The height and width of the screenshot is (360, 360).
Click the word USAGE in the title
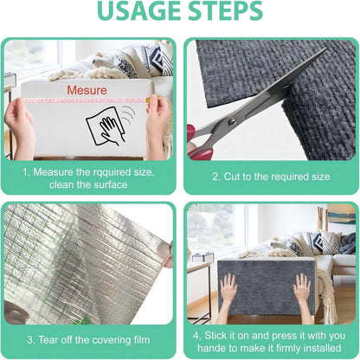(132, 14)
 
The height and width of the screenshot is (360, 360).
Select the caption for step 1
(89, 178)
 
